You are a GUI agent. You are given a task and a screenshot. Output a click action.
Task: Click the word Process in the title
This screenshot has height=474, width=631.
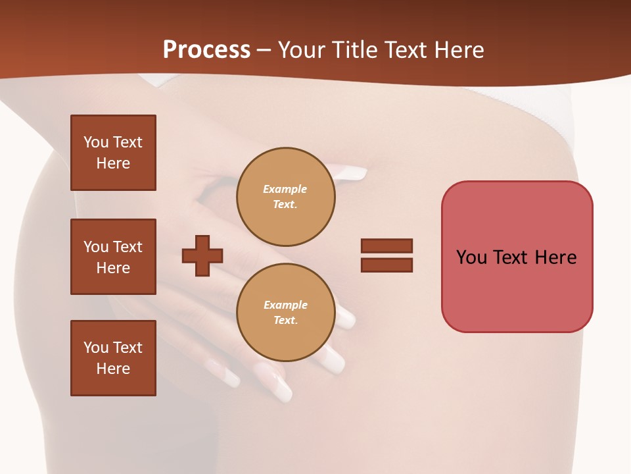coord(206,50)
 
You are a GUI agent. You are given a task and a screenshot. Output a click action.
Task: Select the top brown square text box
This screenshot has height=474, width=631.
coord(113,153)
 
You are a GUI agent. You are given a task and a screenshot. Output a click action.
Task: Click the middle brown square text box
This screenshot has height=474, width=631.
coord(113,257)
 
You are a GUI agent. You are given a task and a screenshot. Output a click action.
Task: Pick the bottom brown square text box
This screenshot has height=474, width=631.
coord(113,358)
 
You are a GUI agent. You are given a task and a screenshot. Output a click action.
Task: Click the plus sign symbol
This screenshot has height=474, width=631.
coord(202,255)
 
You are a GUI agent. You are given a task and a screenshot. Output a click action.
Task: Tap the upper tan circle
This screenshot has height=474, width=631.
coord(285,197)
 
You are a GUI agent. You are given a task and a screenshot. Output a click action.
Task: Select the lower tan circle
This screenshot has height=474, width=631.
coord(285,313)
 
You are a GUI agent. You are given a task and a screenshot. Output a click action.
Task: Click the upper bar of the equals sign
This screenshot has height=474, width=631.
coord(386,246)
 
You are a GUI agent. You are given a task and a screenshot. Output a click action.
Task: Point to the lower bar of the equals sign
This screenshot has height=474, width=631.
coord(386,265)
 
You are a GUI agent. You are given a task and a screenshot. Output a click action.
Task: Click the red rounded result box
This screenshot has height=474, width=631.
coord(517,257)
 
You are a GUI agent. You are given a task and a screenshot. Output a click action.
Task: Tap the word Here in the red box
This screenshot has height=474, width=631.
coord(555,257)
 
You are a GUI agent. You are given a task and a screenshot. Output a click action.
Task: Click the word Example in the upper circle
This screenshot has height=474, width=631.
coord(285,189)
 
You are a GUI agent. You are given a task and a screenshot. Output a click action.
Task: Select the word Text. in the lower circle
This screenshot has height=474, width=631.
coord(285,321)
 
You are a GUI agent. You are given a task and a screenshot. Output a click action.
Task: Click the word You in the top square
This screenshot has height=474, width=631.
coord(96,142)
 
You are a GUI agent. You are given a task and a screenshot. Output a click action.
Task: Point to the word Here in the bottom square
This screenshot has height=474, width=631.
coord(113,369)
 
